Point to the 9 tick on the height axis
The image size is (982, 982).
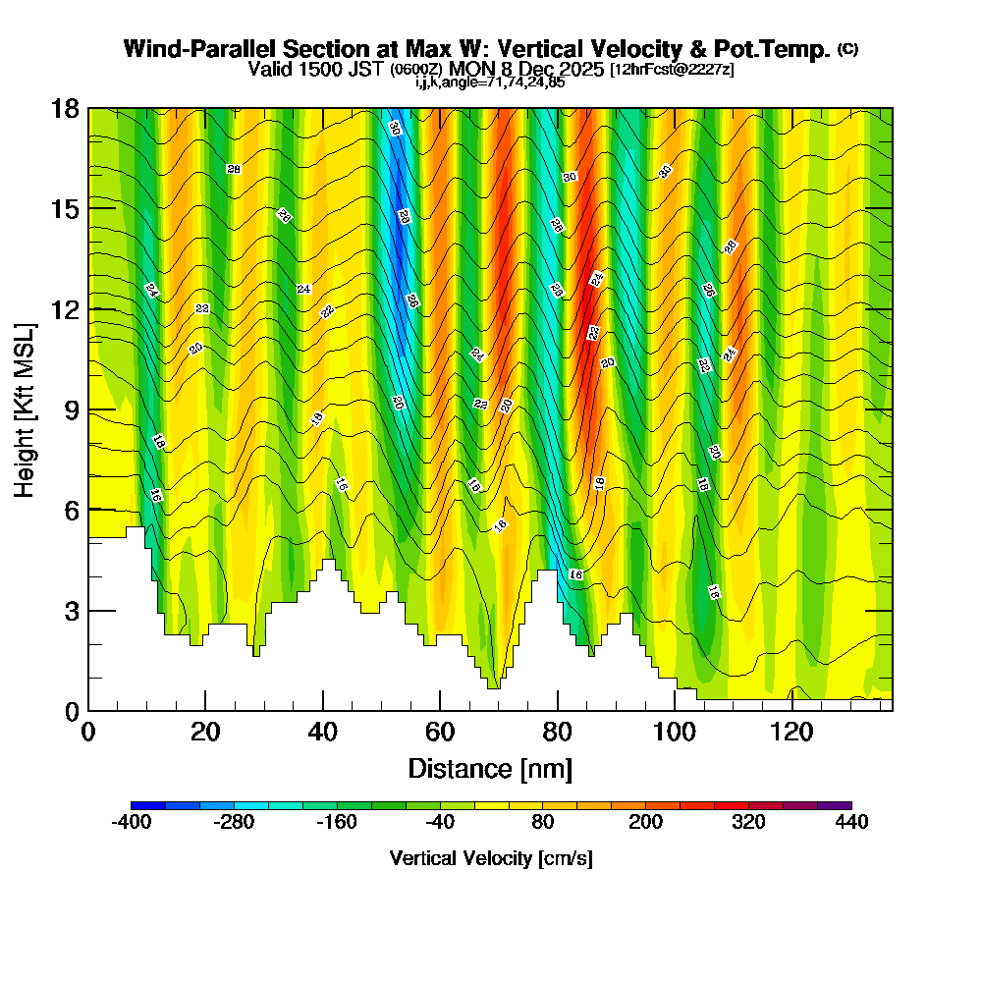[72, 409]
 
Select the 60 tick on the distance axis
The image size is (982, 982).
[440, 733]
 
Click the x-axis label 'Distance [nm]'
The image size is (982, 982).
[490, 768]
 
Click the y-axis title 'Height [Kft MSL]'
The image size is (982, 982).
[24, 409]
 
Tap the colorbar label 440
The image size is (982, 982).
[851, 823]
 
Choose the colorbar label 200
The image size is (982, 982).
[645, 823]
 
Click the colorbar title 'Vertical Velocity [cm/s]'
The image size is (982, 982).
[491, 858]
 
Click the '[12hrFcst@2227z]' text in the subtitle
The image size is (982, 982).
[671, 70]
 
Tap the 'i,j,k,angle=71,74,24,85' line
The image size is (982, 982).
[490, 82]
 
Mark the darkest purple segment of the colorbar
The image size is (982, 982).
[834, 805]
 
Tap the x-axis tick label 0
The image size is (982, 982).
[88, 733]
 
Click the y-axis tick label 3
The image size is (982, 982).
[72, 610]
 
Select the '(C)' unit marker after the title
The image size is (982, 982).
[847, 48]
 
